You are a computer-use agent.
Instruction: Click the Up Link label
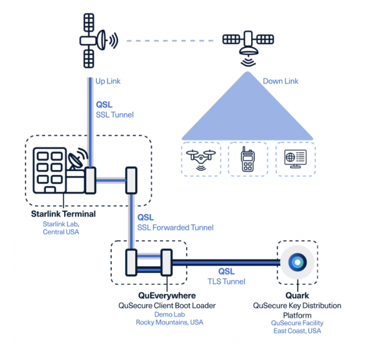click(107, 82)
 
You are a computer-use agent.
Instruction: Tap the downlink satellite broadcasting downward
click(246, 42)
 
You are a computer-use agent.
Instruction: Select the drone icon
click(201, 158)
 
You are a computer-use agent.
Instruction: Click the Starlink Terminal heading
click(63, 214)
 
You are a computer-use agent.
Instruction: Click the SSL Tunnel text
click(114, 115)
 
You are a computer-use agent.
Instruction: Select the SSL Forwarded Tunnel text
click(175, 227)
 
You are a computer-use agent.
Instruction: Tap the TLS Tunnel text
click(227, 282)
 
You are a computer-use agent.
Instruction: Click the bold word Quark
click(297, 296)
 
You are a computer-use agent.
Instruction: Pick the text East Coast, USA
click(297, 331)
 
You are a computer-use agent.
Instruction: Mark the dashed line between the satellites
click(168, 40)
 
